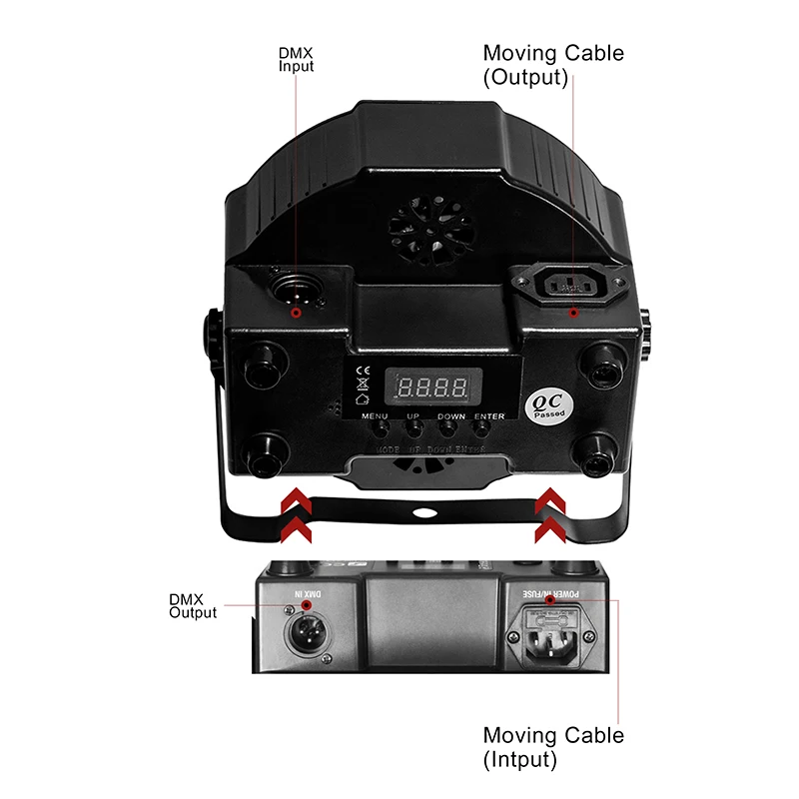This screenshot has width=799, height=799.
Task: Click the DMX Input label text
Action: (x=296, y=61)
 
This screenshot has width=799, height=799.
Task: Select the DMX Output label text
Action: (x=192, y=606)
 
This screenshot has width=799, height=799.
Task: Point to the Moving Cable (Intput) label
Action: (x=553, y=747)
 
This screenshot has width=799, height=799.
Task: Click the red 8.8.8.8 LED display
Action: (x=427, y=387)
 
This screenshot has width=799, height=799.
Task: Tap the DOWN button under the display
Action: (x=450, y=427)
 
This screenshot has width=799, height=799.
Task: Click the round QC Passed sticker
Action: (x=549, y=401)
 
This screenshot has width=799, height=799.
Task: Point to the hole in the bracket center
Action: (x=423, y=513)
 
